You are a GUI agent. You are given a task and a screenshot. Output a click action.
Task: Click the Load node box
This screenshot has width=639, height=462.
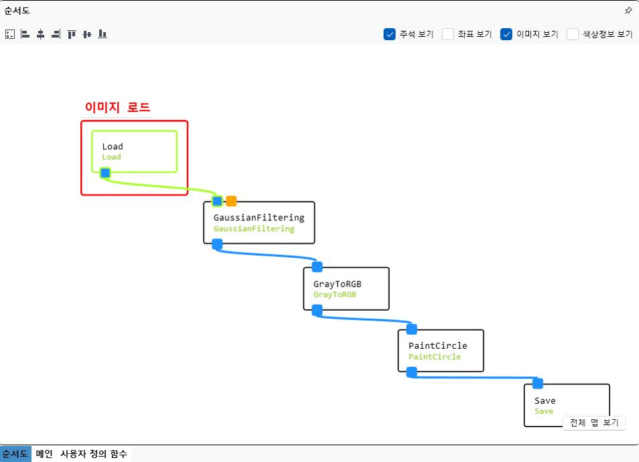tap(134, 151)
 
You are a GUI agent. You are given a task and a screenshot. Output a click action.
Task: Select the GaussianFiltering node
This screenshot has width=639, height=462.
tap(259, 222)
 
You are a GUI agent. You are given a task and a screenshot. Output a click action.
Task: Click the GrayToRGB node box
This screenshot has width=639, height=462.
tap(346, 289)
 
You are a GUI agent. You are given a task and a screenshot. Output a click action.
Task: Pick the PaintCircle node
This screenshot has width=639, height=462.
tap(440, 350)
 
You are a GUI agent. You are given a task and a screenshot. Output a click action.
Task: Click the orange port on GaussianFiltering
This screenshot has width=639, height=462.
tap(231, 201)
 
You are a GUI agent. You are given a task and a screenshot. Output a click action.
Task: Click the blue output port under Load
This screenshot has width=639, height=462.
tap(105, 173)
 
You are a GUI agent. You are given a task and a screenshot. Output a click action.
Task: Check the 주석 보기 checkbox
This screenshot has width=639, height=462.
tap(390, 34)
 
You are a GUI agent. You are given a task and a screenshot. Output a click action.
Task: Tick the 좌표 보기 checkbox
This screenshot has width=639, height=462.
tap(448, 34)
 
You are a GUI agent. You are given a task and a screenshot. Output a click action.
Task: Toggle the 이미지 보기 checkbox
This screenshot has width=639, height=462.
tap(506, 34)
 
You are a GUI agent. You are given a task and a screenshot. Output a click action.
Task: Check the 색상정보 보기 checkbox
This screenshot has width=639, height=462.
tap(573, 34)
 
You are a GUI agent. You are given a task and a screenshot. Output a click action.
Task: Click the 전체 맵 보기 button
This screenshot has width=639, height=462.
tap(594, 423)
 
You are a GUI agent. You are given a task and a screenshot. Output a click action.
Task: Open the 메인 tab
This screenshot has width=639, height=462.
tap(44, 454)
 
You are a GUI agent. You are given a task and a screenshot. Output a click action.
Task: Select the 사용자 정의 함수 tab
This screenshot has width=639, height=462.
tap(94, 454)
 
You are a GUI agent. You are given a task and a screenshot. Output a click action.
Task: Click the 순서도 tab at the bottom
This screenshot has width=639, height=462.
tap(15, 454)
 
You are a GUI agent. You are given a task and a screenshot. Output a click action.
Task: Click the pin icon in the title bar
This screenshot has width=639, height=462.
tap(628, 11)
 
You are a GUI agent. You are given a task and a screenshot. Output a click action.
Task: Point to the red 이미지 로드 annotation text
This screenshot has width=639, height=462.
tap(117, 107)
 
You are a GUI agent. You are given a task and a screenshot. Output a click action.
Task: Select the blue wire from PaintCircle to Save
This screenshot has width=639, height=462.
tap(476, 378)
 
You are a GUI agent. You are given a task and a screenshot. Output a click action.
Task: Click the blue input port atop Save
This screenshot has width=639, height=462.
tap(537, 384)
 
